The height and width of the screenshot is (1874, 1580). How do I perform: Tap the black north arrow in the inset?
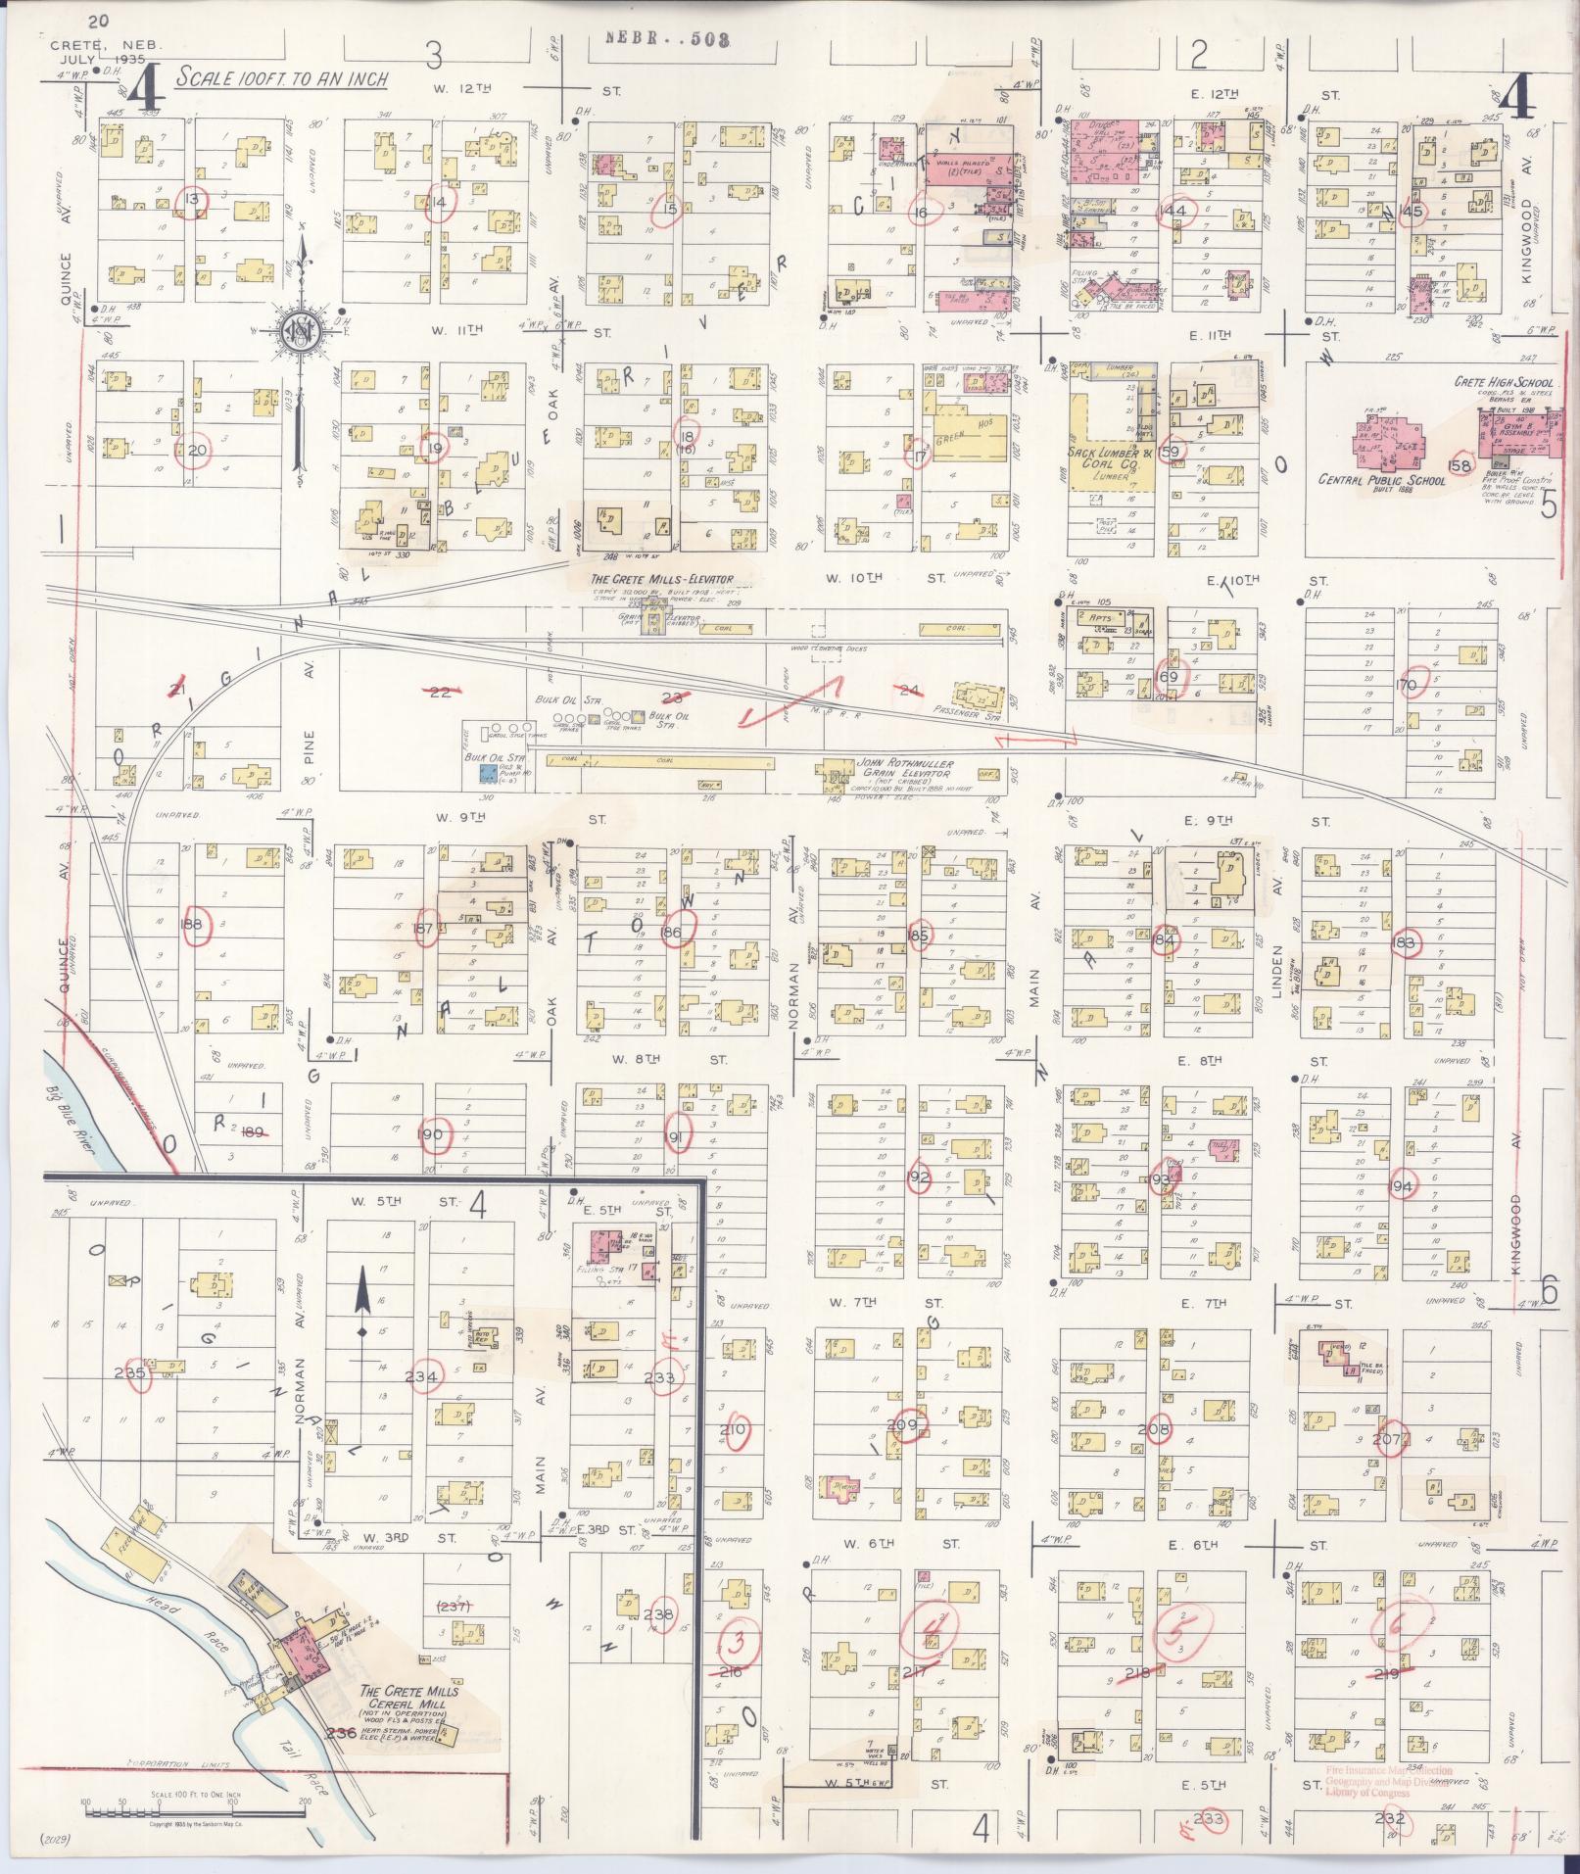pyautogui.click(x=362, y=1293)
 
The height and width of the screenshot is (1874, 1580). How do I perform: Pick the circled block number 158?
pyautogui.click(x=1460, y=466)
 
